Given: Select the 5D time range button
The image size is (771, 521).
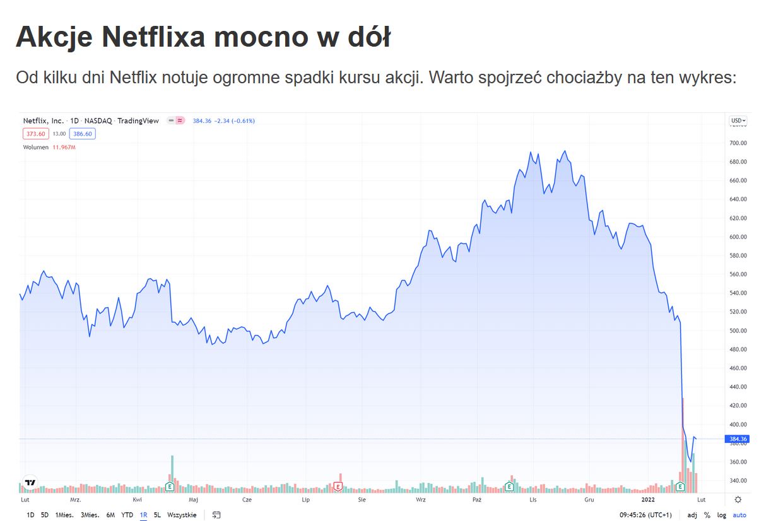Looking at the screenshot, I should tap(45, 515).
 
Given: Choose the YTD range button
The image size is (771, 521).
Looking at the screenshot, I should tap(127, 515).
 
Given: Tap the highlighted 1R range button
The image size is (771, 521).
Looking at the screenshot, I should tap(143, 515).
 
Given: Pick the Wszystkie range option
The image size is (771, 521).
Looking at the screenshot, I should tap(182, 515).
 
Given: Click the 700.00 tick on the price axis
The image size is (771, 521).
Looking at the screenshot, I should tap(738, 143).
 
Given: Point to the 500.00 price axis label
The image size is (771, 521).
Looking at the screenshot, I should tap(738, 331).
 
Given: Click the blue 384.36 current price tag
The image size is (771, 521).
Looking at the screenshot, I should tap(738, 439).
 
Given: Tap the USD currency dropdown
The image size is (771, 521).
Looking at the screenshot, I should tap(738, 120).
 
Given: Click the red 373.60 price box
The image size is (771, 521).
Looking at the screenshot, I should tap(36, 134).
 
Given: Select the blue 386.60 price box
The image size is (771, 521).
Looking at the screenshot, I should tap(83, 134).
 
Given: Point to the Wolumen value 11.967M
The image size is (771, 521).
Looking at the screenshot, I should tap(64, 147).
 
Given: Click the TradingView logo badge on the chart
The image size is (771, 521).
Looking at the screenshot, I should tap(30, 483).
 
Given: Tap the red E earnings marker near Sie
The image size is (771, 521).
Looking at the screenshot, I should tap(338, 486).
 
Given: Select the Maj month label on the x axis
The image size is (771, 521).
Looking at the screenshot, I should tap(193, 500).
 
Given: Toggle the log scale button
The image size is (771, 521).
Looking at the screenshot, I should tap(721, 515).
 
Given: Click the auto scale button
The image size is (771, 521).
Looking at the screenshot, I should tap(739, 515).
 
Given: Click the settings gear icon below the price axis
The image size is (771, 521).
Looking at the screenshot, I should tap(738, 500).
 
